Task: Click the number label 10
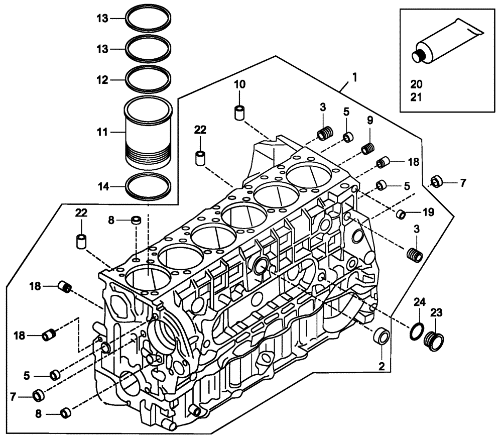239,84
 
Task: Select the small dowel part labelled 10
239,112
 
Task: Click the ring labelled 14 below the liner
149,187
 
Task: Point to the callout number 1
354,77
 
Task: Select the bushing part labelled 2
382,336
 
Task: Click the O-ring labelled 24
416,332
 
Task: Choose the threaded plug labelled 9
369,149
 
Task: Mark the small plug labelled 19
401,214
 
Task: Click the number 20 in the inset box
417,84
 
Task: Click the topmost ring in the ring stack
149,19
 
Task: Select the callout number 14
103,187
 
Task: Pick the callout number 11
103,133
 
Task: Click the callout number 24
420,302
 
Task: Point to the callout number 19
428,212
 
